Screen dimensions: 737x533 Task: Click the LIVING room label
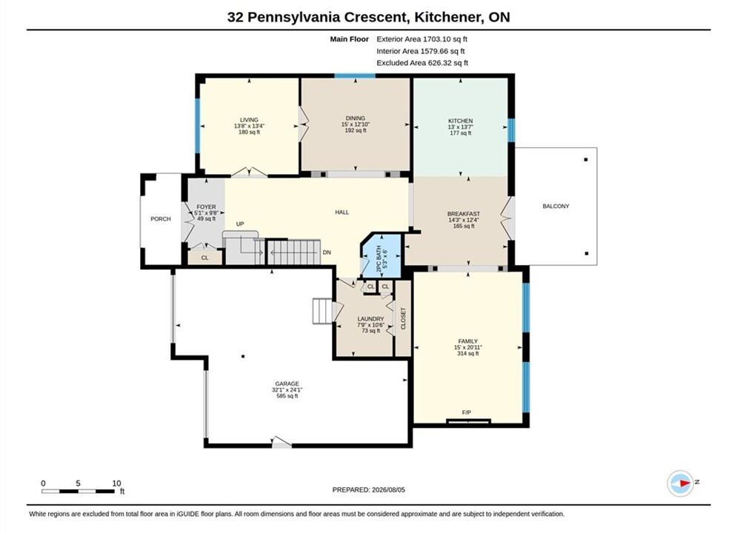pyautogui.click(x=249, y=120)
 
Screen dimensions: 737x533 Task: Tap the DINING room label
pyautogui.click(x=356, y=118)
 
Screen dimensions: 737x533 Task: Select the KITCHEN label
pyautogui.click(x=460, y=121)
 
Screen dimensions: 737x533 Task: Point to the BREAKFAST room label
pyautogui.click(x=464, y=214)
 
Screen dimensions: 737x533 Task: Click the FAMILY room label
pyautogui.click(x=467, y=341)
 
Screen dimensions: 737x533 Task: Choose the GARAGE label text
pyautogui.click(x=287, y=383)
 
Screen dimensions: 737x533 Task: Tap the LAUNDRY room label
pyautogui.click(x=370, y=319)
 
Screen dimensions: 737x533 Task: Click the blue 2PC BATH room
pyautogui.click(x=381, y=256)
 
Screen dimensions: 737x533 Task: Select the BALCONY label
pyautogui.click(x=556, y=206)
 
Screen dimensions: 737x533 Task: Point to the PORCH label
pyautogui.click(x=160, y=219)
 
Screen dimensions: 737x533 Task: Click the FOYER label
pyautogui.click(x=207, y=207)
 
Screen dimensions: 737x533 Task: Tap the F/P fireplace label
pyautogui.click(x=466, y=412)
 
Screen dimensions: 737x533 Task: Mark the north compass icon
pyautogui.click(x=681, y=483)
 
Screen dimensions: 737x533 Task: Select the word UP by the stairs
pyautogui.click(x=240, y=224)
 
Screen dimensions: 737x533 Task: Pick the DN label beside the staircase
pyautogui.click(x=327, y=252)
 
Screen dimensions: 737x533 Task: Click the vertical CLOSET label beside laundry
pyautogui.click(x=403, y=318)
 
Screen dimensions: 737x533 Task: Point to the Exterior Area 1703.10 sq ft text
pyautogui.click(x=421, y=39)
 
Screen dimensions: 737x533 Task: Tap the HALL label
pyautogui.click(x=341, y=212)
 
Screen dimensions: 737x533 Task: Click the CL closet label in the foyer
pyautogui.click(x=204, y=258)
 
